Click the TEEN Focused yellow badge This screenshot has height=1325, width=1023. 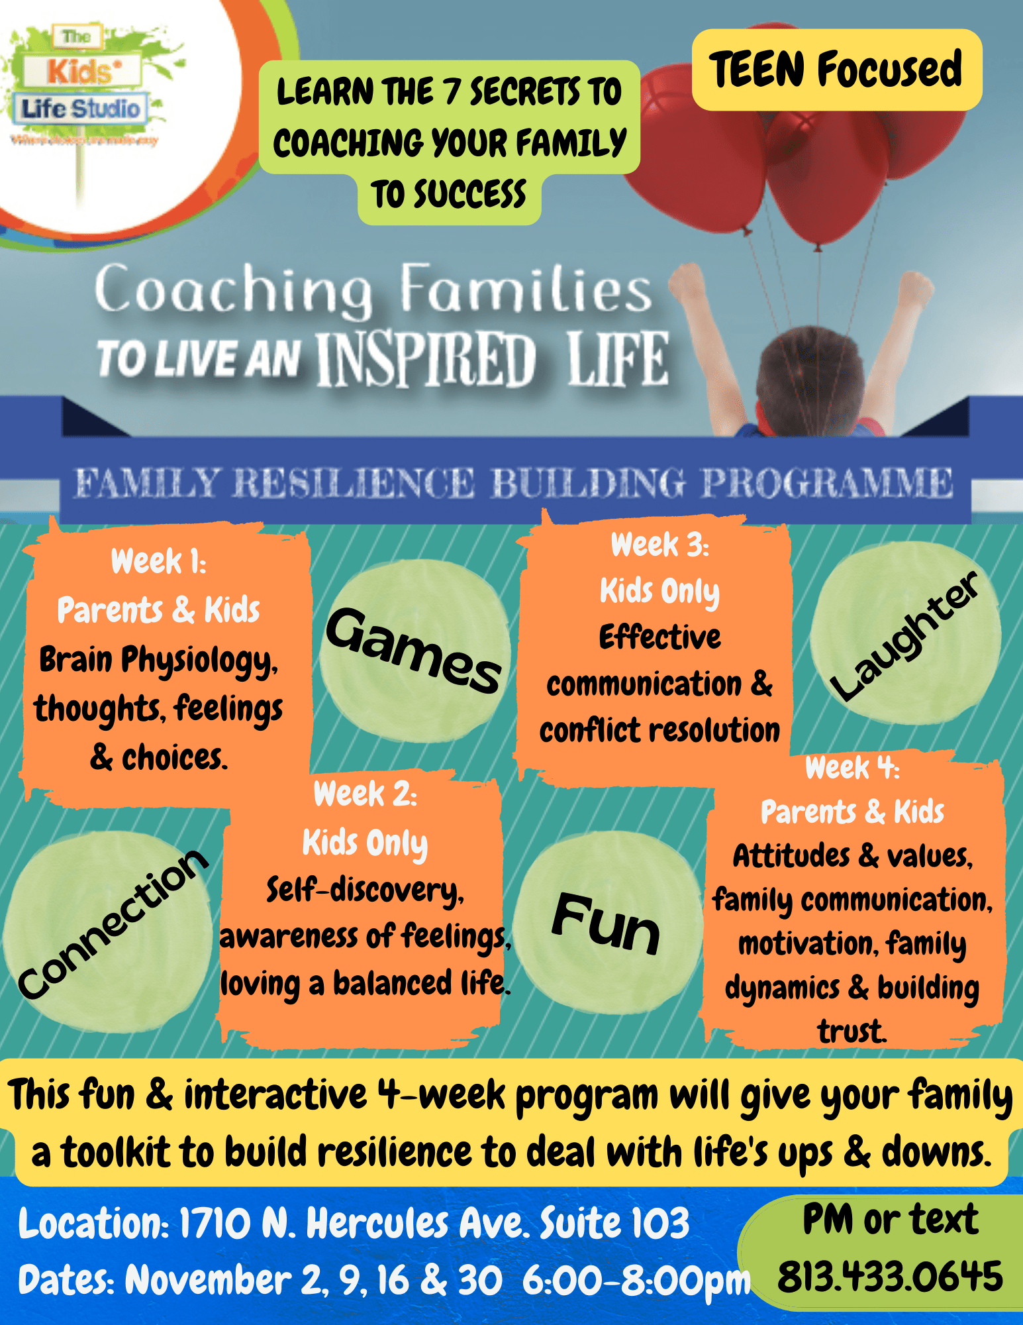(x=836, y=70)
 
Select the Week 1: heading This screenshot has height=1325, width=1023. (x=158, y=562)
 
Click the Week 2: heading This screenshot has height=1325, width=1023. (x=365, y=794)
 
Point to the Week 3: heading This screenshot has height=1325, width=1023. (x=659, y=545)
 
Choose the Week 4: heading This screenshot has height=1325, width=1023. (x=852, y=768)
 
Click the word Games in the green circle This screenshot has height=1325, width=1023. (x=413, y=651)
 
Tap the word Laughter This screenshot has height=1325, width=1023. (x=904, y=637)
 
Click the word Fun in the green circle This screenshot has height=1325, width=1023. (x=606, y=924)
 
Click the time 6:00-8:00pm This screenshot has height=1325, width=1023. (x=636, y=1281)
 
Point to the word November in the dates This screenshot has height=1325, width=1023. (x=208, y=1280)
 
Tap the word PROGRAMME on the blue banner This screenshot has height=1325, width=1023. (x=827, y=483)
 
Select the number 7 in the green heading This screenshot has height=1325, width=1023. (x=452, y=91)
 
